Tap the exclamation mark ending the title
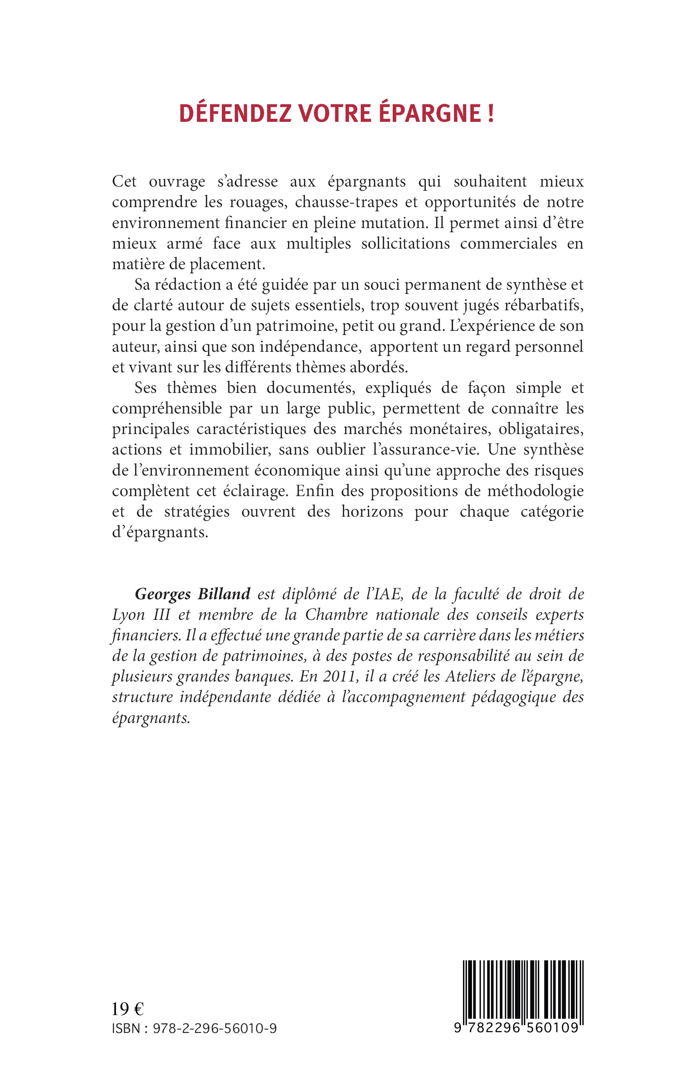tap(491, 113)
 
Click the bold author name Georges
tap(163, 594)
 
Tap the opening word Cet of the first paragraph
tap(125, 182)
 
